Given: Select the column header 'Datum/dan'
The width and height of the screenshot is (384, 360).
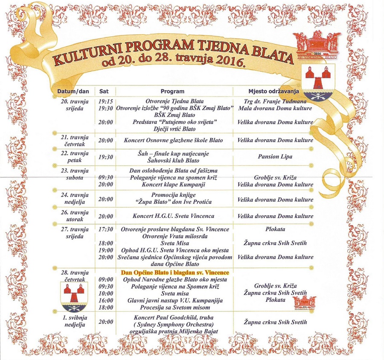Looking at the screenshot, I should pyautogui.click(x=73, y=91).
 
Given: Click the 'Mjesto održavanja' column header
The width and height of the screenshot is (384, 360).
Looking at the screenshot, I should pyautogui.click(x=273, y=91).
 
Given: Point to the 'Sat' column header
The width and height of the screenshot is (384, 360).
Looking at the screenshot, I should pyautogui.click(x=104, y=91).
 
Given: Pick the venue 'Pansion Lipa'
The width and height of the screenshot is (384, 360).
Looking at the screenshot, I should pyautogui.click(x=275, y=157).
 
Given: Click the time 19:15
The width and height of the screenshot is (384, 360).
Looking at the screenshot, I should pyautogui.click(x=105, y=102).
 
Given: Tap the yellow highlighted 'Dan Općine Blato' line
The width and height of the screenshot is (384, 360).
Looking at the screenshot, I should pyautogui.click(x=175, y=272).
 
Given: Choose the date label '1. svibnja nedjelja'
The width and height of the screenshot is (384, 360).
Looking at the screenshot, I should pyautogui.click(x=74, y=321).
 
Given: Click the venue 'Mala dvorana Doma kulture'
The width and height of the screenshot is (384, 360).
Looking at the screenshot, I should pyautogui.click(x=275, y=108).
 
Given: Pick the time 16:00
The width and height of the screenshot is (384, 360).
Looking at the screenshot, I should pyautogui.click(x=105, y=301).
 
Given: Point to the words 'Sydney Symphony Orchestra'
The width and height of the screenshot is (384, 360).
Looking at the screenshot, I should pyautogui.click(x=175, y=325).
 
